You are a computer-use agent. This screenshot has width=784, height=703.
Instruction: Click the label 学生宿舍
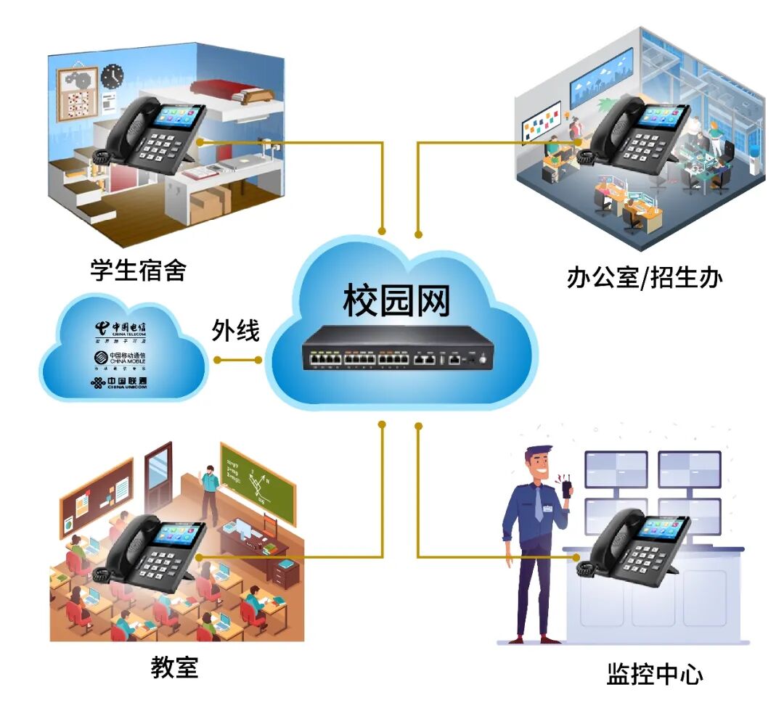pyautogui.click(x=138, y=270)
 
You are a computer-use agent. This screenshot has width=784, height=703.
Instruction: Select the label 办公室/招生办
pyautogui.click(x=644, y=278)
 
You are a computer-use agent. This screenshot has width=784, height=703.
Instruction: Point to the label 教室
pyautogui.click(x=174, y=666)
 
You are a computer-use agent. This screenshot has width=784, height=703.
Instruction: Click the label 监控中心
pyautogui.click(x=654, y=674)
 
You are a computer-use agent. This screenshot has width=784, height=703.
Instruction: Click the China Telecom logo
pyautogui.click(x=121, y=329)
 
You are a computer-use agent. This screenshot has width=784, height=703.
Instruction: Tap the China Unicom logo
pyautogui.click(x=121, y=382)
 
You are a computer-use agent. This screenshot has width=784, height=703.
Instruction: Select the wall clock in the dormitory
pyautogui.click(x=112, y=75)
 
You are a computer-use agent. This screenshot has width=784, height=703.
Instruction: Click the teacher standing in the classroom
pyautogui.click(x=209, y=493)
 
